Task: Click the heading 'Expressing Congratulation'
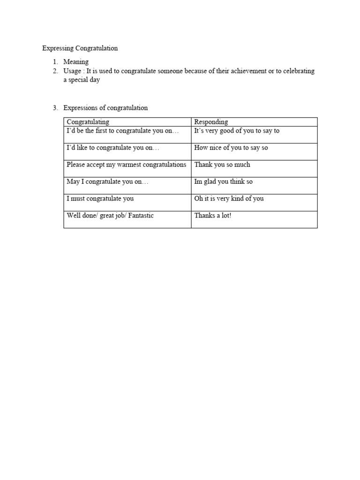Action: (80, 48)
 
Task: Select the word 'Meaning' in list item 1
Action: (76, 62)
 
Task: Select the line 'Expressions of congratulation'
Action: (105, 108)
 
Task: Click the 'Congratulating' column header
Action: (88, 122)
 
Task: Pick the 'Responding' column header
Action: (211, 122)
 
